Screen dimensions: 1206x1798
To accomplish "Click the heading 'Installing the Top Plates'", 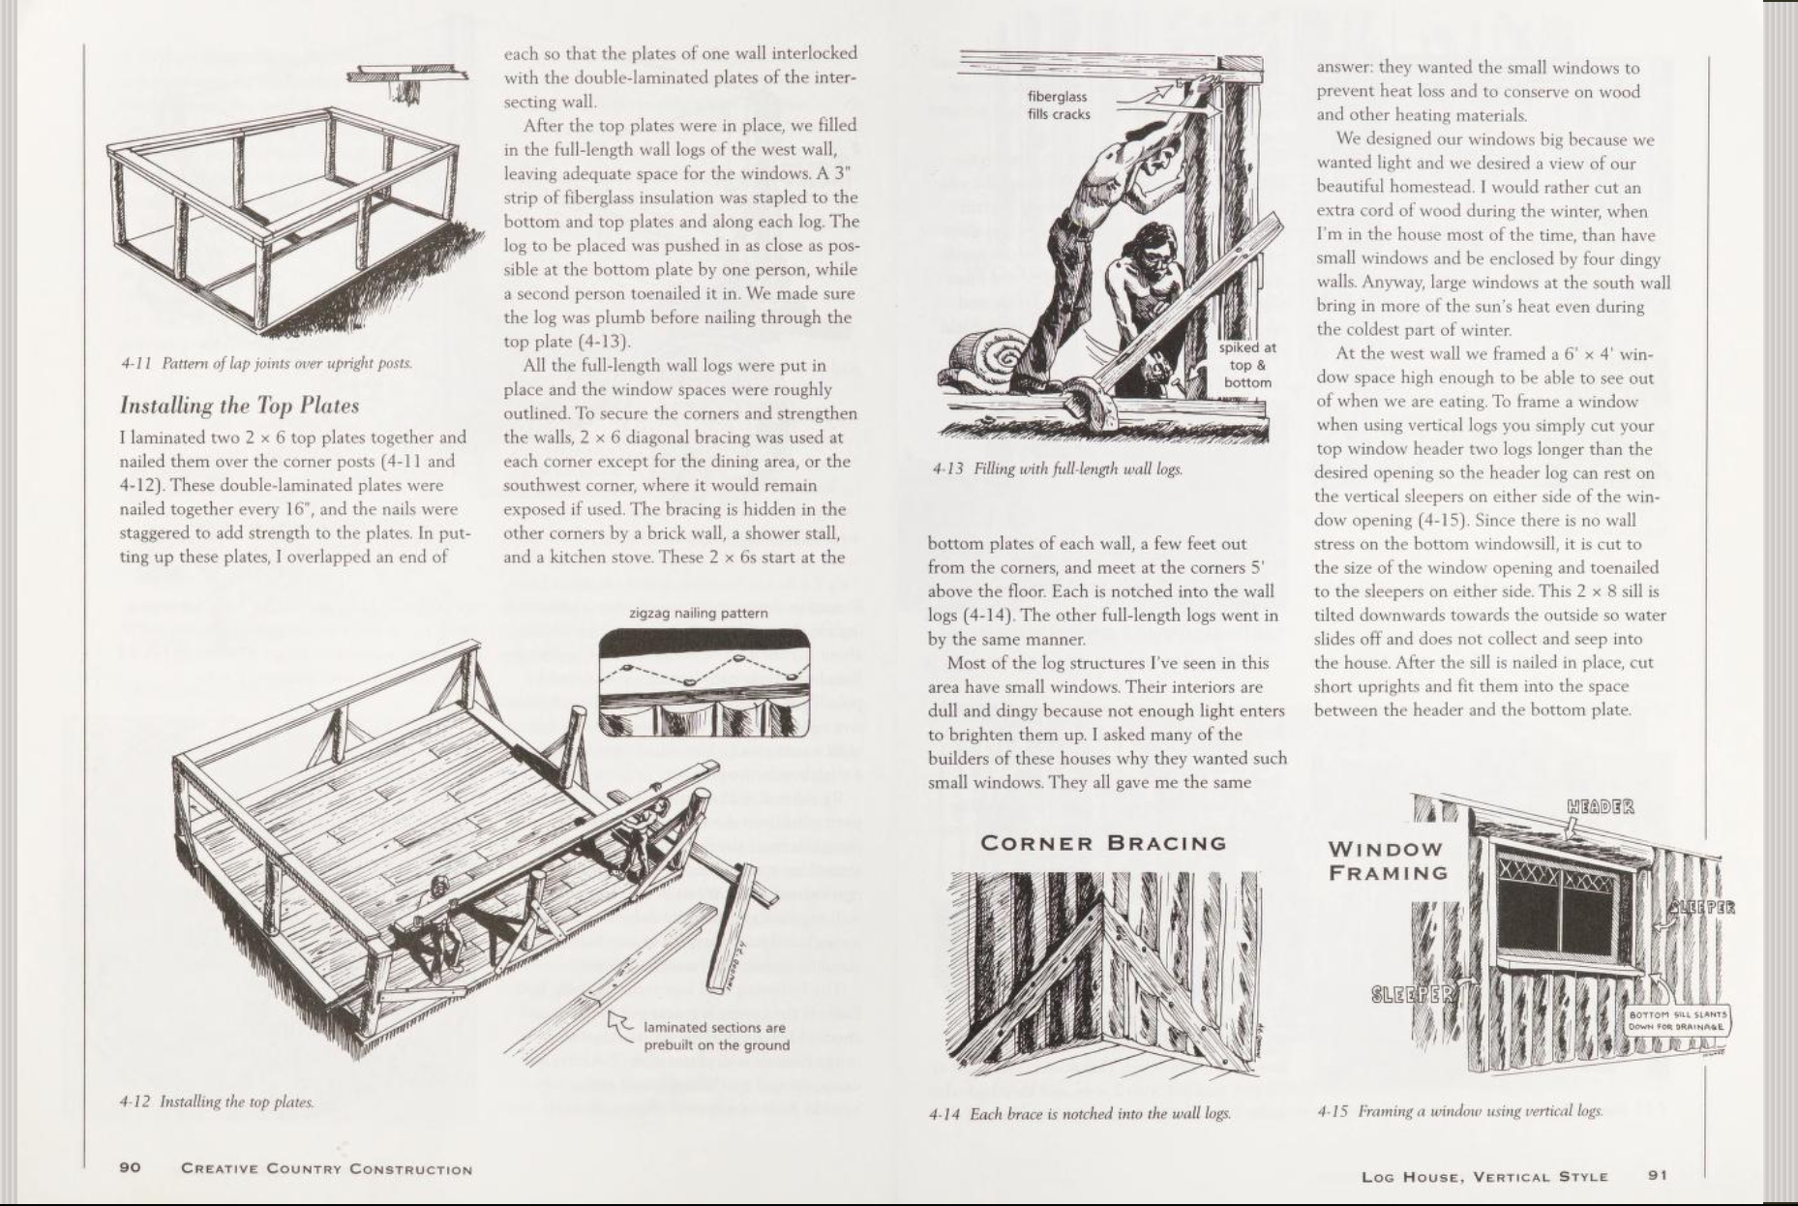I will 239,406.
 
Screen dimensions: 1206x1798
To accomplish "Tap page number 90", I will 130,1167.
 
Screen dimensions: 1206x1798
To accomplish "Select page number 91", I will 1658,1175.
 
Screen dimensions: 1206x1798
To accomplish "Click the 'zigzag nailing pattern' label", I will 698,613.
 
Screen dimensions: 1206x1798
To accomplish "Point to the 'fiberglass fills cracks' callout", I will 1058,106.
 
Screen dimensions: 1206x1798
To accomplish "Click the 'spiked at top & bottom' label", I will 1247,365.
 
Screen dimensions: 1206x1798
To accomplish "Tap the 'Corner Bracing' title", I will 1103,843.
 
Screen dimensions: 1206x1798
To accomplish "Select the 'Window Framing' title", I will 1388,860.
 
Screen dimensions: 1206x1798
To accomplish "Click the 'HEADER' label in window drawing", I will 1600,806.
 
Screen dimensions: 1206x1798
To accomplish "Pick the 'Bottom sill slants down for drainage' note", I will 1679,1020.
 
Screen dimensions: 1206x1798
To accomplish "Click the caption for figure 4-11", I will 267,363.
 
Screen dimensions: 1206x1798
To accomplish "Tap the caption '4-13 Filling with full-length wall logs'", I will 1057,468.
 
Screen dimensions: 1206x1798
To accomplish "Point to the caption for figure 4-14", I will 1079,1114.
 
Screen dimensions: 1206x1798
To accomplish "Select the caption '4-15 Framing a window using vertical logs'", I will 1459,1111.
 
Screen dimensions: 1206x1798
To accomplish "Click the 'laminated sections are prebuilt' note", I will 716,1036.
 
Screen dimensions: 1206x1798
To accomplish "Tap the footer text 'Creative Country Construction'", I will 327,1168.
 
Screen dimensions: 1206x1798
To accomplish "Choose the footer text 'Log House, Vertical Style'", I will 1483,1176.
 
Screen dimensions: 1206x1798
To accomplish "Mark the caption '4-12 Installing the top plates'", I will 217,1101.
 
